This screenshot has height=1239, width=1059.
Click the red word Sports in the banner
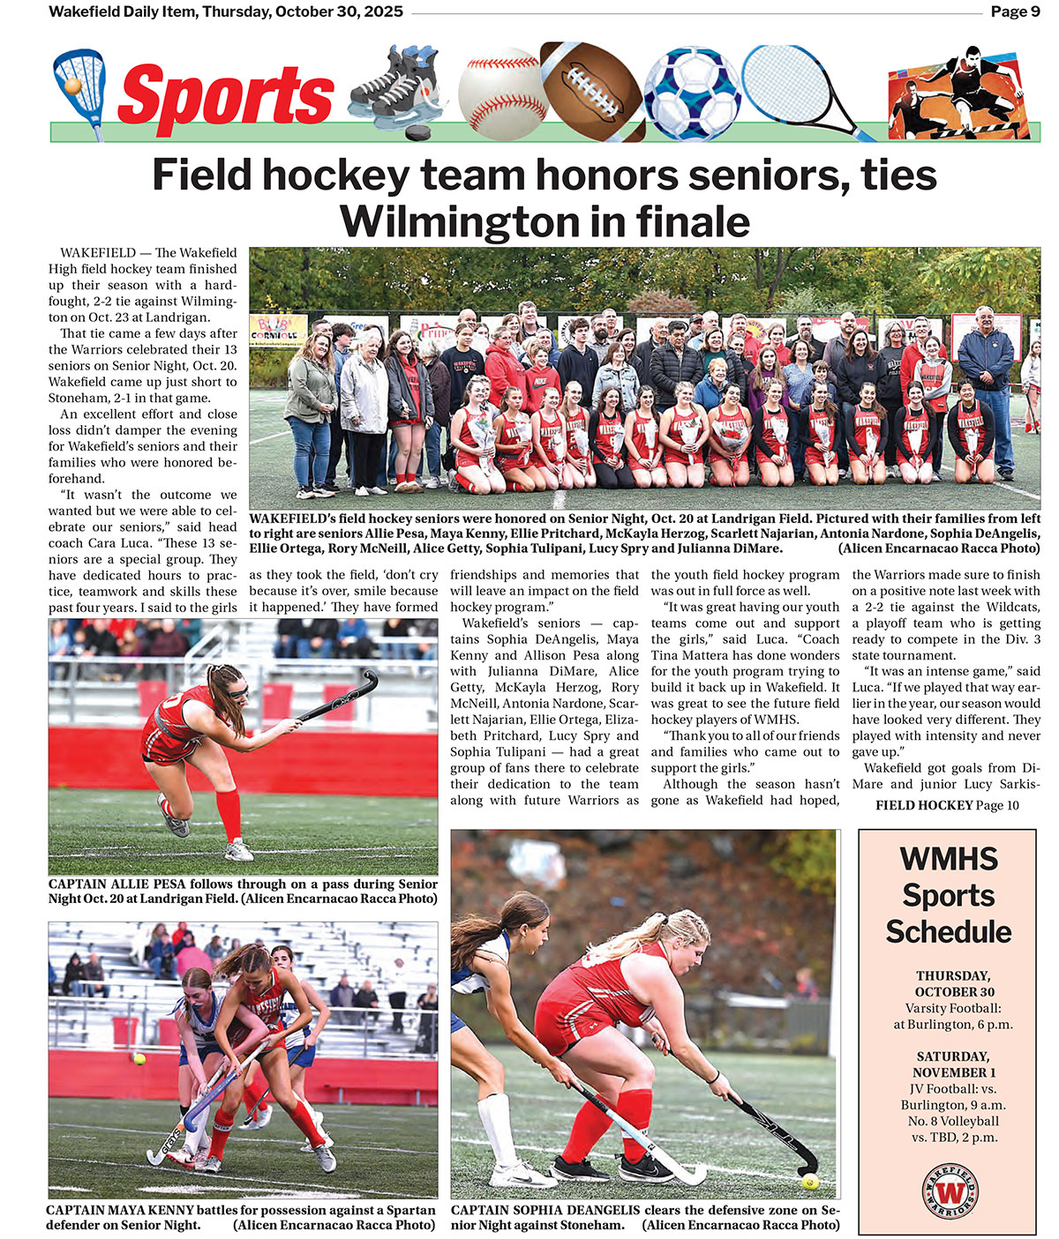coord(225,96)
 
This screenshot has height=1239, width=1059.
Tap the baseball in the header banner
coord(501,93)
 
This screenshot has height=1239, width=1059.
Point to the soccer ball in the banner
coord(692,92)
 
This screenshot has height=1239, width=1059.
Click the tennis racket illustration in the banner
coord(794,84)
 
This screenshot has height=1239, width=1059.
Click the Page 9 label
coord(1015,12)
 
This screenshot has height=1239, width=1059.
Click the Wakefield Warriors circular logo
coord(950,1190)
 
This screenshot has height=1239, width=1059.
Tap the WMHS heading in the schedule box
coord(949,859)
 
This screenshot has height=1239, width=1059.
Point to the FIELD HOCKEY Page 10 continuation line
coord(947,805)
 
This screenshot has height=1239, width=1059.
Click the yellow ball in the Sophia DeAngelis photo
coord(809,1182)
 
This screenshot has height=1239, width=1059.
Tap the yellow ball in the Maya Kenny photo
coord(139,1058)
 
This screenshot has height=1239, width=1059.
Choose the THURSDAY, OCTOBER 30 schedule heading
coord(953,984)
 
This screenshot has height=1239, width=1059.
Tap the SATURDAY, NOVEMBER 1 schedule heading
coord(953,1064)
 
